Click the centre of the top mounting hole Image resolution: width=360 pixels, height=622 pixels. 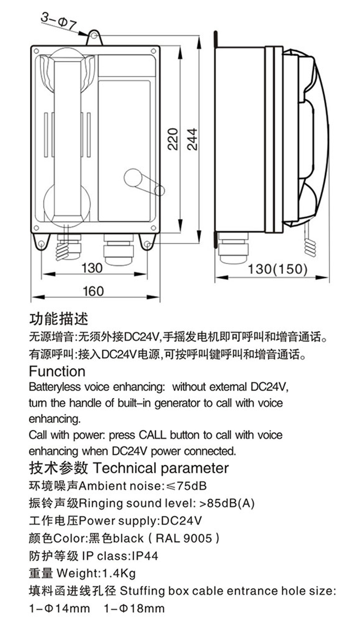coord(95,36)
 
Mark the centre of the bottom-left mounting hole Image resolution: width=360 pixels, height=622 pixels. coord(41,244)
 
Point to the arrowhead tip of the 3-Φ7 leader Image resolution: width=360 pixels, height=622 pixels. coord(90,35)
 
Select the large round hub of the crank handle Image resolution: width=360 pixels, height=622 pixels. coord(132,178)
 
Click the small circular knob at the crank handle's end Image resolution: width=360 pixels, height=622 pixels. coord(159,190)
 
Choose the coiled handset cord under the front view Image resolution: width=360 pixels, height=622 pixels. coord(68,247)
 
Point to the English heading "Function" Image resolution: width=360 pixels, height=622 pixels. coord(57,371)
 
